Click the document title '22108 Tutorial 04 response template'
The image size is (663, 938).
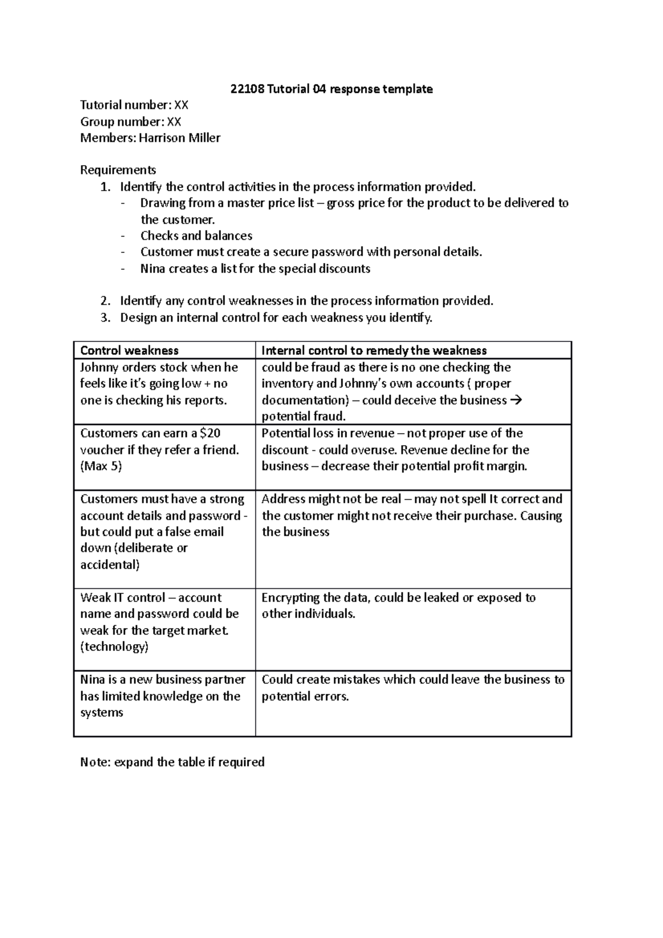coord(331,89)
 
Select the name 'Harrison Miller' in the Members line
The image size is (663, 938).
coord(180,138)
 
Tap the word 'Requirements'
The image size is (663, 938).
coord(118,170)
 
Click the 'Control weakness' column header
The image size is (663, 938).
coord(129,351)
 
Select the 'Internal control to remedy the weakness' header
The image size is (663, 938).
coord(374,351)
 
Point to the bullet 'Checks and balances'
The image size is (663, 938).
coord(196,236)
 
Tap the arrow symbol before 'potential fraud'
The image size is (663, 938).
coord(518,400)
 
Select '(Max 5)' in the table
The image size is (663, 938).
coord(101,466)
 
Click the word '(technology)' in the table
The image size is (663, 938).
coord(114,647)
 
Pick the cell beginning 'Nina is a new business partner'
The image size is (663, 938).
coord(163,696)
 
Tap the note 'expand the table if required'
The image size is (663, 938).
coord(189,762)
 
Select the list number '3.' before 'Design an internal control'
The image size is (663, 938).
coord(106,318)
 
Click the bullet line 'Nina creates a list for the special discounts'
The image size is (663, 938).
coord(255,269)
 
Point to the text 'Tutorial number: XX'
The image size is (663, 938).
coord(135,105)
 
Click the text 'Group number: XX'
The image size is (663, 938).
coord(131,122)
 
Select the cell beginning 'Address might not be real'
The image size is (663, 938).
coord(412,515)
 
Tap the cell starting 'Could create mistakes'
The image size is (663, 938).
coord(413,688)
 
